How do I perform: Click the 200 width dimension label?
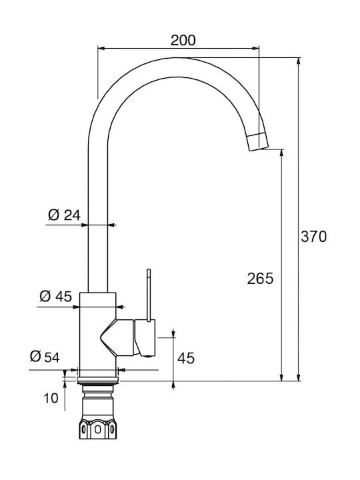pos(183,41)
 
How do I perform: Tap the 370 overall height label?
pos(313,237)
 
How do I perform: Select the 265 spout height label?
pos(260,279)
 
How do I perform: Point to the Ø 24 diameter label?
pos(64,215)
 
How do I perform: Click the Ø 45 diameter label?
pos(56,296)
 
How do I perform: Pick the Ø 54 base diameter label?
pos(45,357)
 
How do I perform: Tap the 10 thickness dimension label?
pos(51,398)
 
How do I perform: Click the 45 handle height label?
pos(186,358)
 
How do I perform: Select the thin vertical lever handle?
pos(149,295)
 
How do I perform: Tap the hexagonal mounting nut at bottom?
pos(97,429)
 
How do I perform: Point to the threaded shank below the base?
pos(98,402)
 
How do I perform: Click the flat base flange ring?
pos(98,381)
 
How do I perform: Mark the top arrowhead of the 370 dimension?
pos(299,61)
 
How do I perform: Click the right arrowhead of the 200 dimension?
pos(255,48)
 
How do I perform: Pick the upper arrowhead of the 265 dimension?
pos(282,153)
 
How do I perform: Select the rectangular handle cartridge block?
pos(145,338)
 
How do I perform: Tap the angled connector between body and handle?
pos(117,337)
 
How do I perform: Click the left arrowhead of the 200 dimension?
pos(101,48)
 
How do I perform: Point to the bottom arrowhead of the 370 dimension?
pos(299,377)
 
